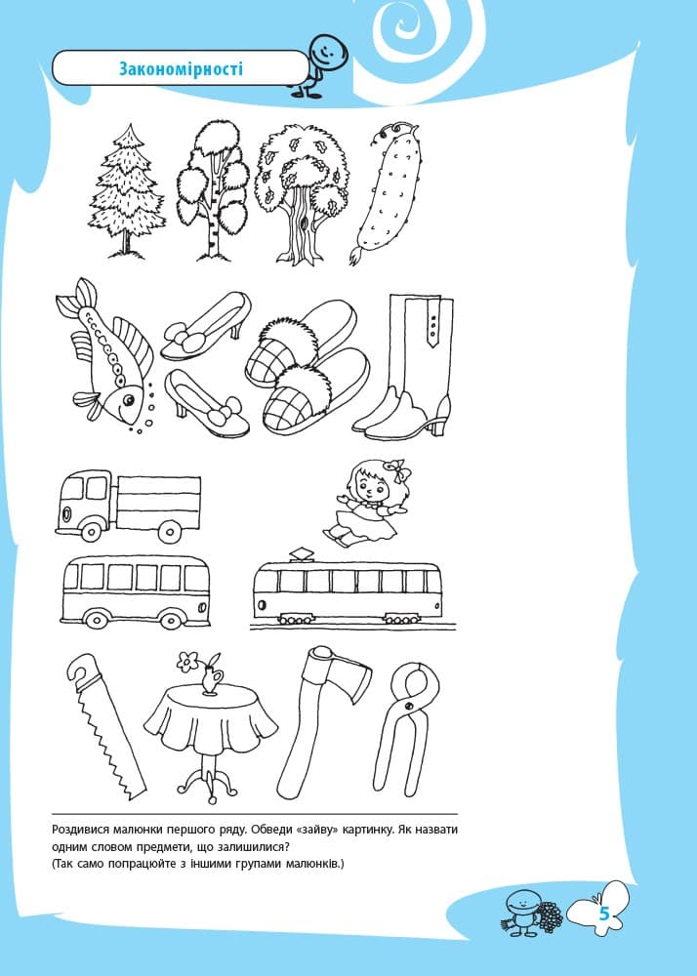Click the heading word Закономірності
click(x=181, y=68)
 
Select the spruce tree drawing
click(x=128, y=190)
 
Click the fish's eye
click(x=128, y=399)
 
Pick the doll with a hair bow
click(x=366, y=503)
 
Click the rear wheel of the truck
click(x=169, y=531)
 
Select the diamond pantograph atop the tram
click(x=302, y=552)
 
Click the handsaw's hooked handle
click(x=84, y=672)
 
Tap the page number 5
click(x=603, y=915)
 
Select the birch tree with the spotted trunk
click(x=212, y=190)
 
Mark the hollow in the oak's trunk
click(x=303, y=223)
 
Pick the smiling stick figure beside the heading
click(x=318, y=65)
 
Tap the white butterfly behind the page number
click(x=598, y=910)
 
